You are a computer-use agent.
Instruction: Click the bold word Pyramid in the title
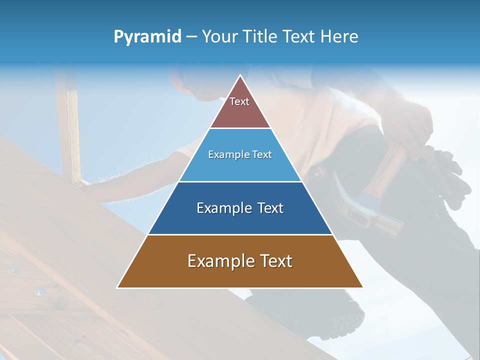point(147,37)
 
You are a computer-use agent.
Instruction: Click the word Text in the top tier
point(239,101)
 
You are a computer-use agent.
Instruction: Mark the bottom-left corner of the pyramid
point(117,287)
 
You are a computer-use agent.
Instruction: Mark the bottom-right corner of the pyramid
point(362,287)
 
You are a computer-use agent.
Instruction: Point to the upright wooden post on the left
point(68,125)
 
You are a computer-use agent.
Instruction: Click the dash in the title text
point(191,37)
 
